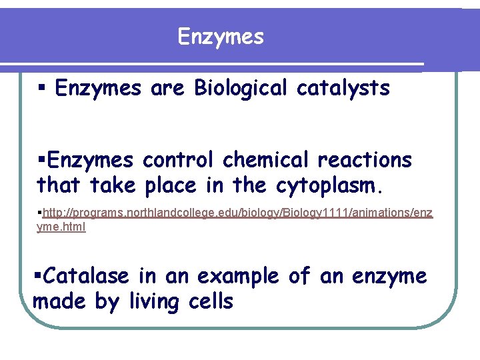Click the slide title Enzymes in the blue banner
(221, 37)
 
